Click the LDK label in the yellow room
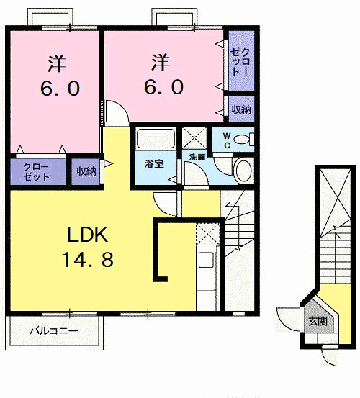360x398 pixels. point(88,235)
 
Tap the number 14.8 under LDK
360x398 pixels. point(88,259)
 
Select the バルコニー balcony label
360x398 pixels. point(54,331)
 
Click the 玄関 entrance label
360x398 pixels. point(318,321)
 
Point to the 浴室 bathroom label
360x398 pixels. point(154,163)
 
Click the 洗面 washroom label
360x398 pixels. point(197,157)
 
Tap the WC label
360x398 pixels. point(227,140)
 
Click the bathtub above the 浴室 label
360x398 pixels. point(156,138)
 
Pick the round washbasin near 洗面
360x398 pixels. point(244,171)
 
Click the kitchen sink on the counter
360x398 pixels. point(206,260)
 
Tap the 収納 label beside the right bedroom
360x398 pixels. point(241,109)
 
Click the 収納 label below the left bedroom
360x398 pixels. point(86,171)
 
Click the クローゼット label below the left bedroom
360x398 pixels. point(36,172)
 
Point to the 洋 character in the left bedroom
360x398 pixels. point(57,63)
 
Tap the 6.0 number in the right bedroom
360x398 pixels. point(163,87)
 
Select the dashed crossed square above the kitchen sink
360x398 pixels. point(208,234)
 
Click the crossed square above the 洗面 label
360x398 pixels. point(194,138)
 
